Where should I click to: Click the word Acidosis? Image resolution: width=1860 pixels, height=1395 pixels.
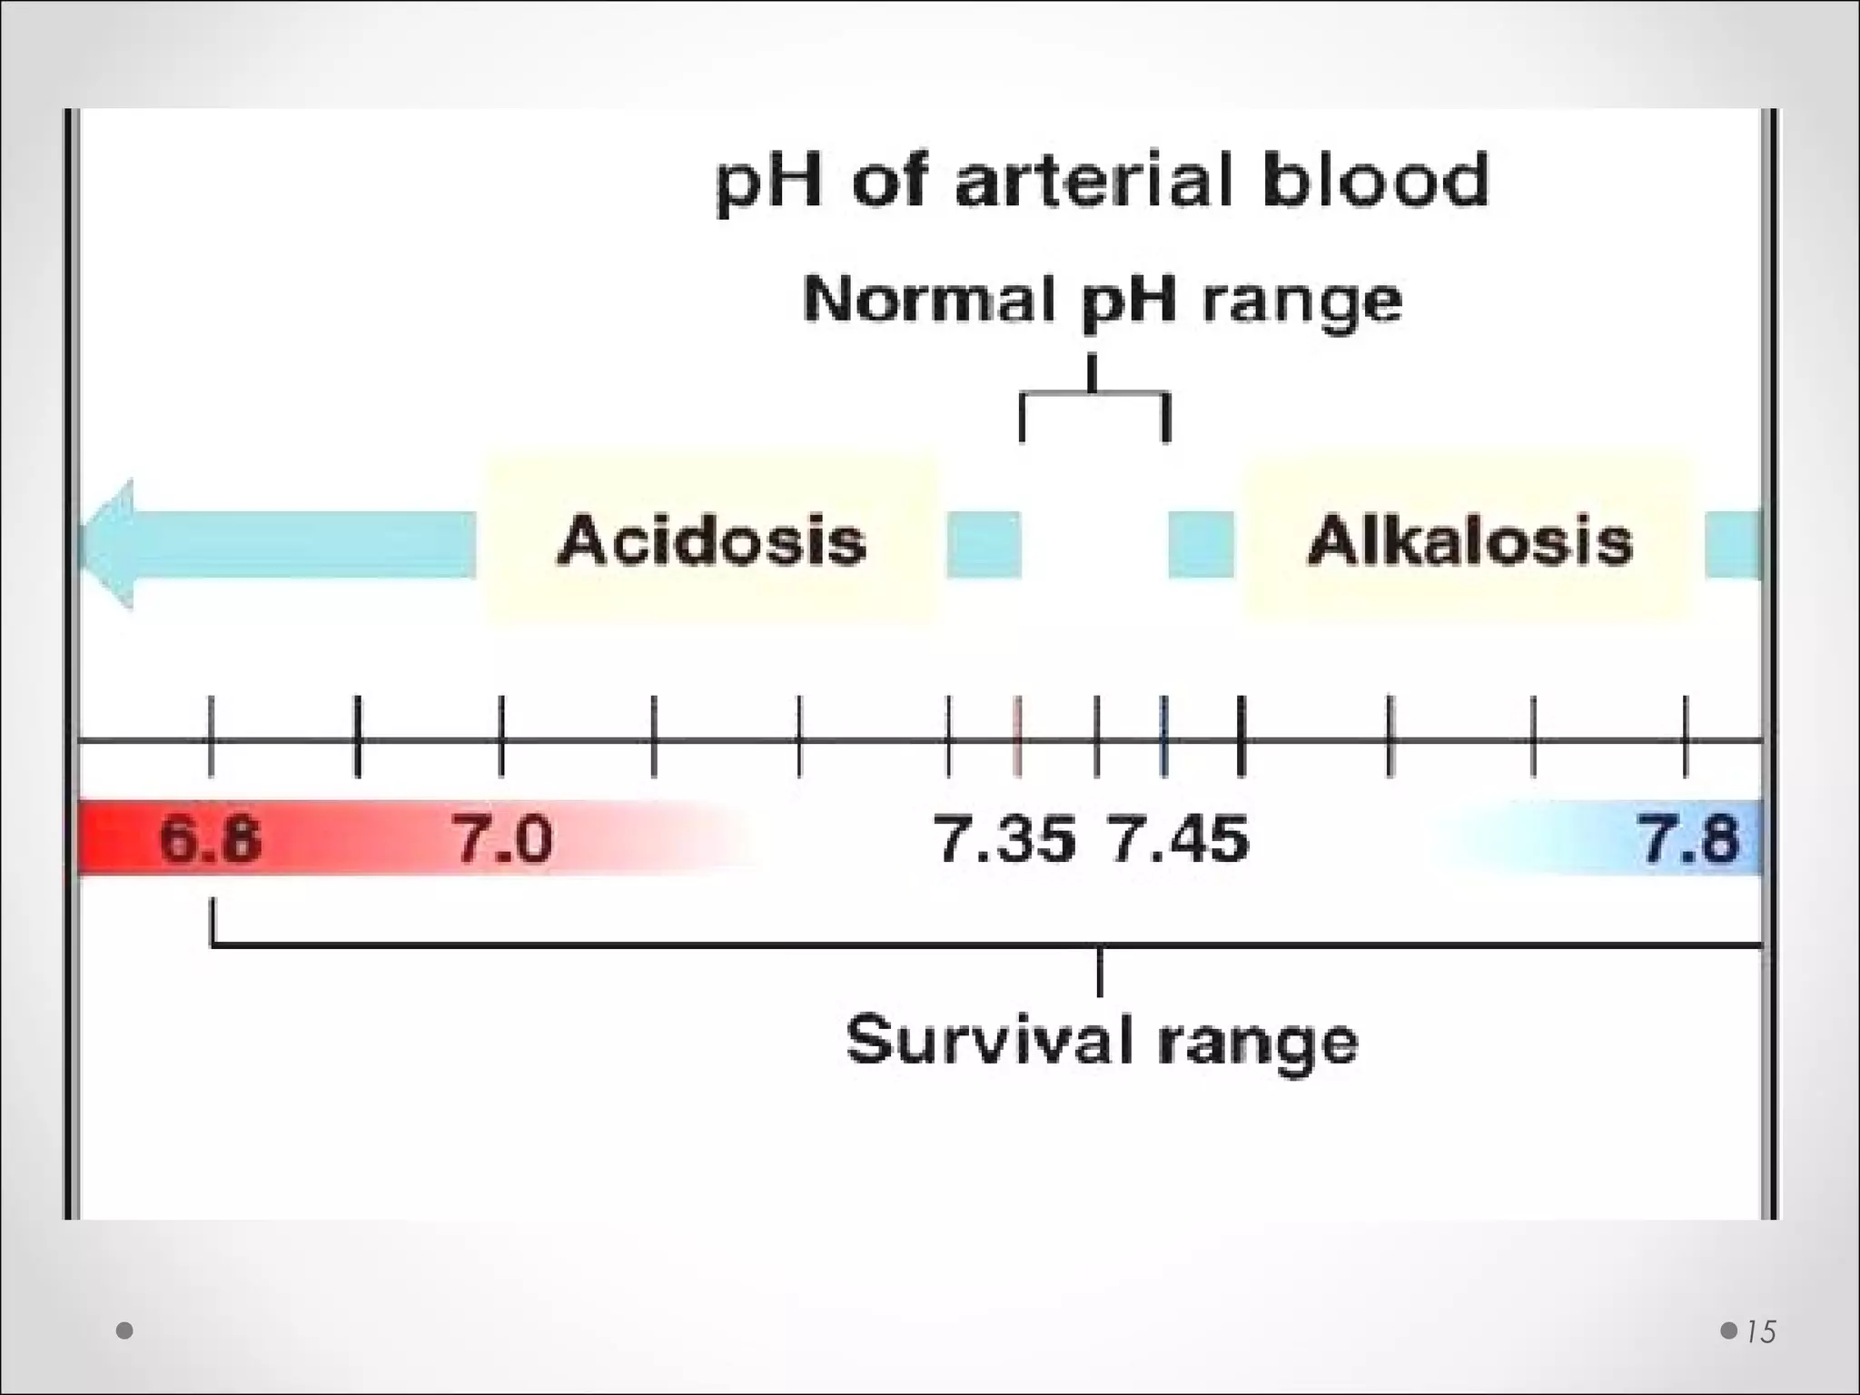click(711, 541)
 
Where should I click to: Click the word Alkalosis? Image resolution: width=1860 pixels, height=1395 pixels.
click(1469, 541)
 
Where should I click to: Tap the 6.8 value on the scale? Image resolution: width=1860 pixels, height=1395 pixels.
click(210, 838)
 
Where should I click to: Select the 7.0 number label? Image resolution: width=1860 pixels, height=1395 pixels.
click(502, 838)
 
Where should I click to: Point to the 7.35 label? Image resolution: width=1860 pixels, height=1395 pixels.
click(1004, 838)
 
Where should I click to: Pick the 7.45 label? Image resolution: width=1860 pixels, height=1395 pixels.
click(1179, 838)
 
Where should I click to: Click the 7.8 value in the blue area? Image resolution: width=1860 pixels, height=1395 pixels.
click(1688, 838)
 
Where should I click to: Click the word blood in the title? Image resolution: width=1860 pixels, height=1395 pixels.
click(1375, 180)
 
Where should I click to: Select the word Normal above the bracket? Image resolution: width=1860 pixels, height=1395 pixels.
click(933, 299)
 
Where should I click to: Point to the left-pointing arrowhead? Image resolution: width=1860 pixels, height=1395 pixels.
click(108, 544)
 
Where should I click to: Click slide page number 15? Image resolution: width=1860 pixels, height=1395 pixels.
click(1760, 1331)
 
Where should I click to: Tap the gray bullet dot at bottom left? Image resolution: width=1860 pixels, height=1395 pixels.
click(125, 1331)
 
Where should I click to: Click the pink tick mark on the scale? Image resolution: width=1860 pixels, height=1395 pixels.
click(1018, 737)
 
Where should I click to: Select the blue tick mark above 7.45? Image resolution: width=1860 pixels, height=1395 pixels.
click(1164, 737)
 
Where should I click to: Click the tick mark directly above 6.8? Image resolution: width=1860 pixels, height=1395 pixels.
click(211, 737)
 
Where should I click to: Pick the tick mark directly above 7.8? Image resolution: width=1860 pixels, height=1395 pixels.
click(1686, 737)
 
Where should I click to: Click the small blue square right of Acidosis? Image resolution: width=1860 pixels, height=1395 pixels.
click(984, 545)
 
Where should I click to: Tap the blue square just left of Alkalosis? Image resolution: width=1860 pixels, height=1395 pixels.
click(1201, 545)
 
